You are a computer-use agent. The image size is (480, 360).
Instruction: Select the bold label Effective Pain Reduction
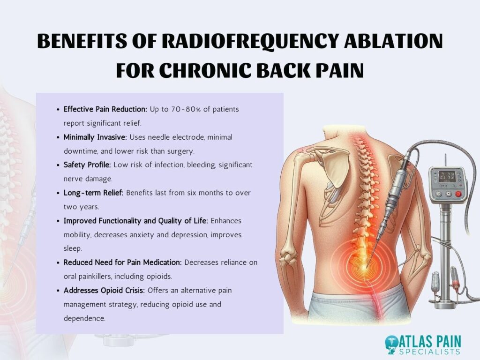105,109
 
